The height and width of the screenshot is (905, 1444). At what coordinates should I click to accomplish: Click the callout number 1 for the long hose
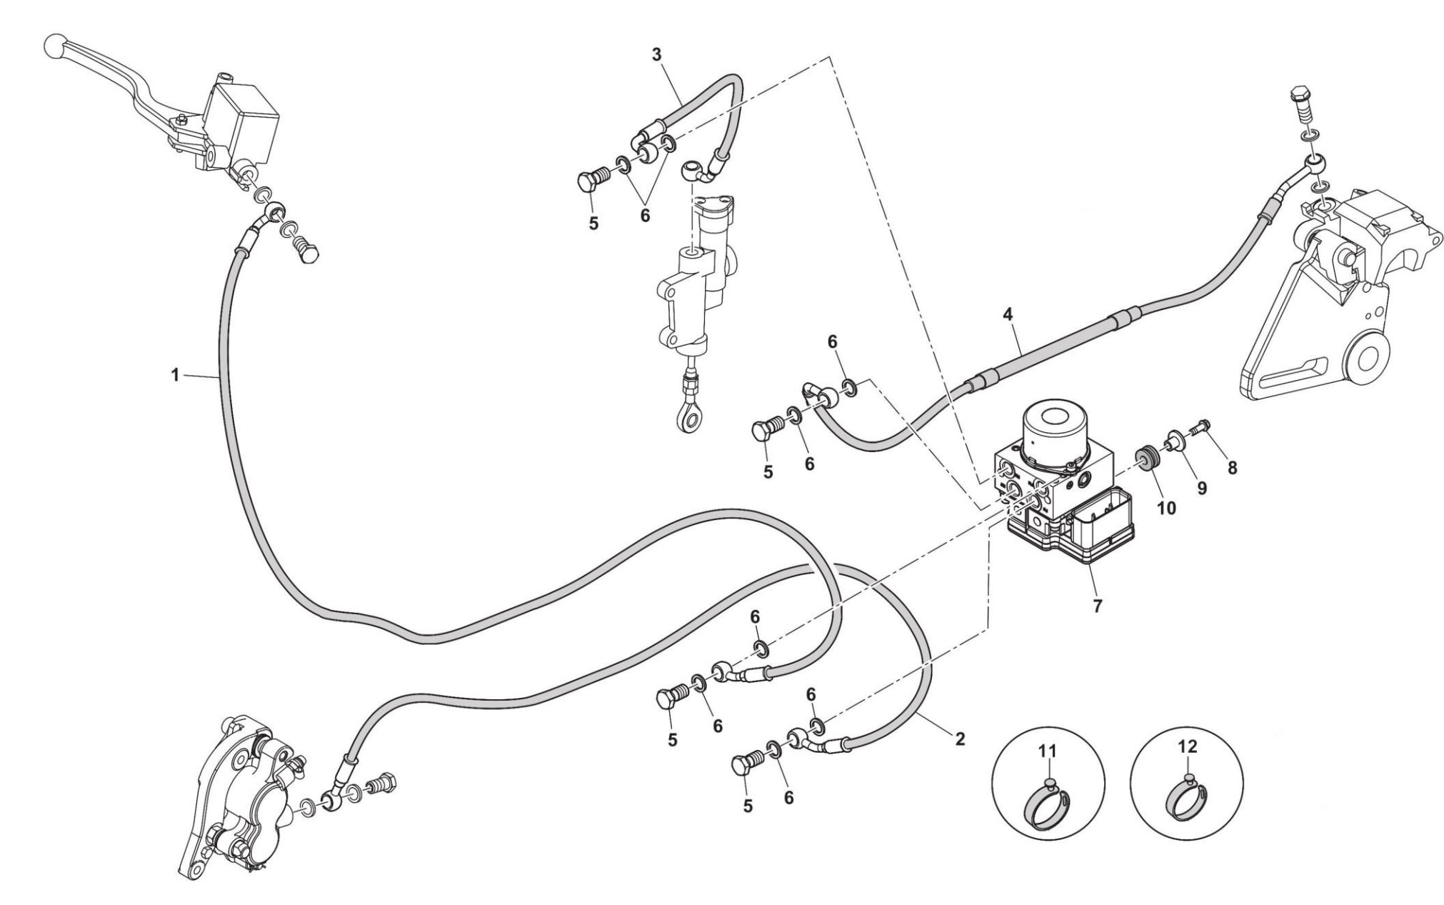175,374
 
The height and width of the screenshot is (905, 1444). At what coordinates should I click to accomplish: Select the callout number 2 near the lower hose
960,739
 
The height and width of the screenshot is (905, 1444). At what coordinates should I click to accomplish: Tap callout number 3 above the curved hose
657,54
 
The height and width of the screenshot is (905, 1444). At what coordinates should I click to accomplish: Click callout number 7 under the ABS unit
1098,606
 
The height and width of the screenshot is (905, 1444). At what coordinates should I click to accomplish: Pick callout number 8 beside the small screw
1232,468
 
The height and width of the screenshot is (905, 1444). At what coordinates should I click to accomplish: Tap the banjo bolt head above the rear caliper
1300,96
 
